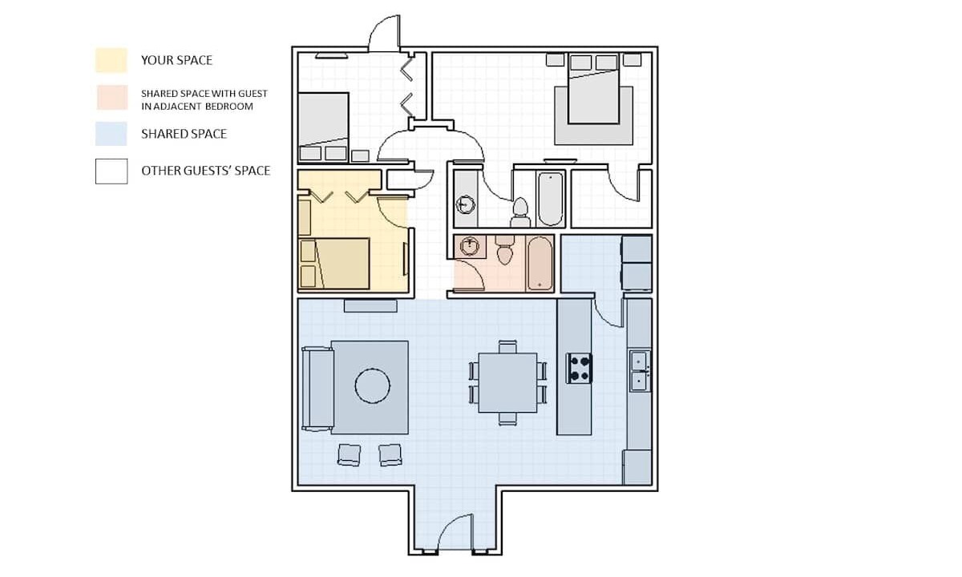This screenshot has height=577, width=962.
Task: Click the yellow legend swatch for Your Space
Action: [x=111, y=60]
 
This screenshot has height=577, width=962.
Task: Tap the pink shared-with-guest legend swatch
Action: [x=112, y=98]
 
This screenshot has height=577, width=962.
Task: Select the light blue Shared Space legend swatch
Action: [x=111, y=134]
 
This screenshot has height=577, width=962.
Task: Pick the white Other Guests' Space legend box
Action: [x=111, y=171]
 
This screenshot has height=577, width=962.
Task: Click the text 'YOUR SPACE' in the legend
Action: [x=176, y=60]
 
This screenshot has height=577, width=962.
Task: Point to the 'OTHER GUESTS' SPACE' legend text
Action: [x=206, y=171]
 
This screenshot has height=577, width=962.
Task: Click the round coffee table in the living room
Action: [x=372, y=385]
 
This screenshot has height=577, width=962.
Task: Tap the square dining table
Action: [x=507, y=382]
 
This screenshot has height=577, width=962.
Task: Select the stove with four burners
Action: [x=579, y=369]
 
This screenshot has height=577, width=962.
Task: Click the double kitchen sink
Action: [x=640, y=371]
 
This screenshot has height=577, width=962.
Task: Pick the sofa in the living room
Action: [x=317, y=389]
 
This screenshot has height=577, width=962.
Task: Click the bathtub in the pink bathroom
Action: [x=540, y=264]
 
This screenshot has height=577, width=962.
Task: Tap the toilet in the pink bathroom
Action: [x=505, y=250]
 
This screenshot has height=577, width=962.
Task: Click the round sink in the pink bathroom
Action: [x=470, y=247]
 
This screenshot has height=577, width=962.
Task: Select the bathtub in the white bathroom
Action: [x=551, y=199]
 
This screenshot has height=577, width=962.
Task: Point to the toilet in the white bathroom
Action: [x=520, y=212]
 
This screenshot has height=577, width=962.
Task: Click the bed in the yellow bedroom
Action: [x=334, y=264]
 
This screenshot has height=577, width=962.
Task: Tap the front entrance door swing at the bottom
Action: [x=455, y=532]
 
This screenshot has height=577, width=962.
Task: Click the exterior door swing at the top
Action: [x=384, y=34]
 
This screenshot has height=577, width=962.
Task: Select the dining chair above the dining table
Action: [x=507, y=347]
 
